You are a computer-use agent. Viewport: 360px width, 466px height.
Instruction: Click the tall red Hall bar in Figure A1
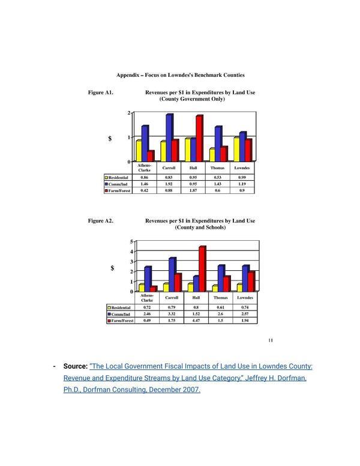199,138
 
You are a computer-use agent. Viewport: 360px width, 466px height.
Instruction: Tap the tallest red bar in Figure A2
202,268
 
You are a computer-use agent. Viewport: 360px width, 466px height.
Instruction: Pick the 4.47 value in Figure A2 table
196,321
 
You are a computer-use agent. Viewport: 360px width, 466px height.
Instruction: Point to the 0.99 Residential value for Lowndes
242,178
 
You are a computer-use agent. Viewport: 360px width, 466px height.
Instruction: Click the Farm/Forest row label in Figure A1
120,190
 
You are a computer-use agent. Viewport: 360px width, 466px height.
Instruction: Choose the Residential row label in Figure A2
122,307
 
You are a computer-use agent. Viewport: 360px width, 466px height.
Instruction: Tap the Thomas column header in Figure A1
218,168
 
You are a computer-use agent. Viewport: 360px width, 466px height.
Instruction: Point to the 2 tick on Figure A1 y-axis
128,113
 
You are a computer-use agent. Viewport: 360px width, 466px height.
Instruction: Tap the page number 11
271,341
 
